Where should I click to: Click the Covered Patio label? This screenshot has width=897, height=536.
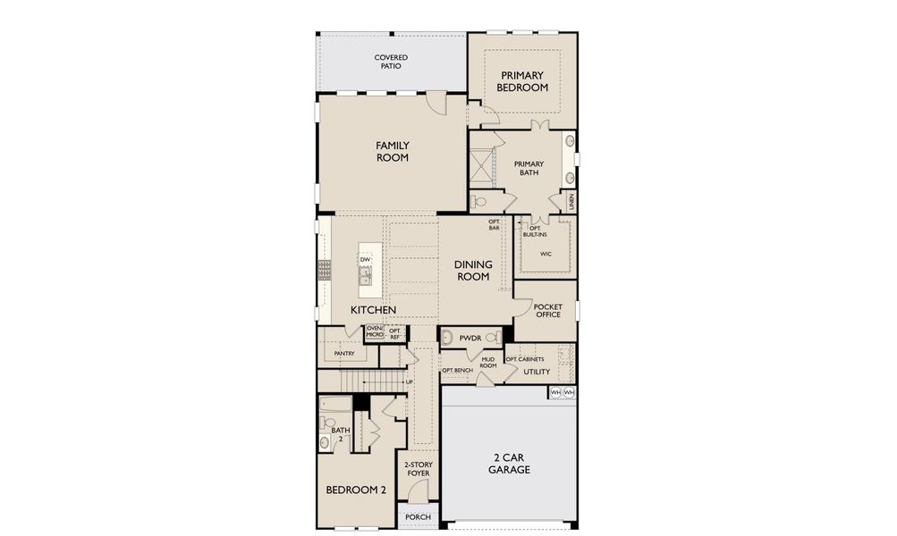tap(391, 62)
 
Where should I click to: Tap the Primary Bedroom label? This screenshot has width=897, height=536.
tap(522, 81)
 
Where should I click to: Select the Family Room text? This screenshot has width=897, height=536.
tap(393, 152)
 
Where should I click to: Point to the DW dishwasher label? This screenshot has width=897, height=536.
tap(365, 259)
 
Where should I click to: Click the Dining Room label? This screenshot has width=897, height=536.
tap(473, 271)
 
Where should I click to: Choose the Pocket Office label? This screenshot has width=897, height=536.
tap(548, 310)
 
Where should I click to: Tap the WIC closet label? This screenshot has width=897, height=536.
tap(546, 254)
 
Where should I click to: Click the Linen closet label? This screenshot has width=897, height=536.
tap(571, 202)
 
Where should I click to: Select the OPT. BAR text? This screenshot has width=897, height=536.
tap(495, 224)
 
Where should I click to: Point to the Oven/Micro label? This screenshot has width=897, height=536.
tap(374, 331)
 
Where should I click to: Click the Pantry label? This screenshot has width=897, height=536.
tap(344, 354)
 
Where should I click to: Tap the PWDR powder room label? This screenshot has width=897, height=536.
tap(470, 339)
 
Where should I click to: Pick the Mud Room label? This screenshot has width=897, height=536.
tap(488, 363)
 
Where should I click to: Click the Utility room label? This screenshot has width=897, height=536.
tap(537, 372)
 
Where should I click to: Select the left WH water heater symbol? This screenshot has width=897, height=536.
tap(555, 392)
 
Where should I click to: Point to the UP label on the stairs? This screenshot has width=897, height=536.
tap(410, 381)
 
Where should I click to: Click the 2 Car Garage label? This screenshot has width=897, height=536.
tap(509, 464)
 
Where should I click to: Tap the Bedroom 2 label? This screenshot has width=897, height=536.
tap(356, 490)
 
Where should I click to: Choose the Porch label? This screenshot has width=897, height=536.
tap(419, 516)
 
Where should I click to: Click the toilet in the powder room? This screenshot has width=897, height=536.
tap(492, 338)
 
